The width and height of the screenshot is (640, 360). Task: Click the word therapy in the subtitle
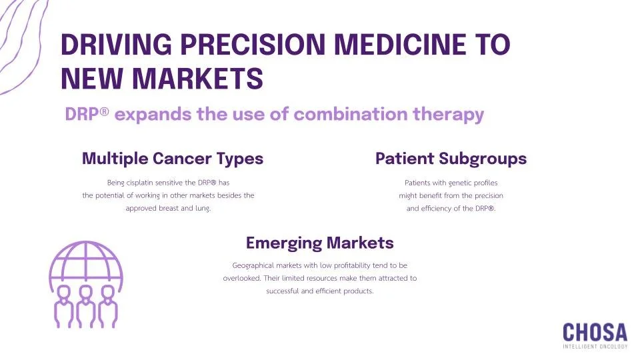(x=451, y=114)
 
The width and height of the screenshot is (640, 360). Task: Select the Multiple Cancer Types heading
(x=172, y=159)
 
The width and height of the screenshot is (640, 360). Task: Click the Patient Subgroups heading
(x=451, y=159)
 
